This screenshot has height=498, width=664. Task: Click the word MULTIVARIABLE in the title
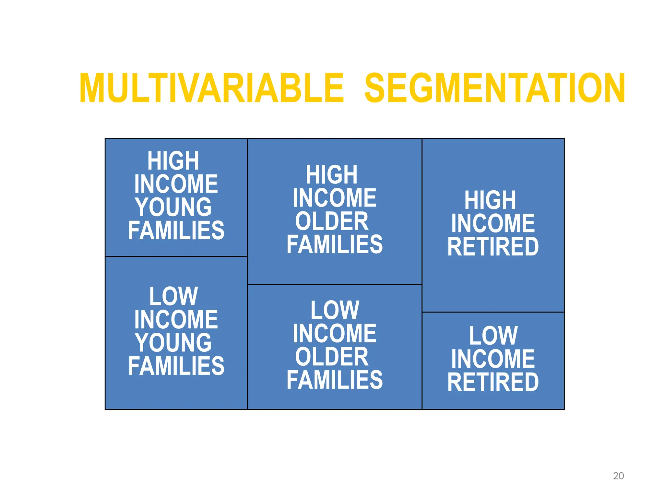click(x=211, y=88)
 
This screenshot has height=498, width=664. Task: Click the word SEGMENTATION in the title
click(x=495, y=88)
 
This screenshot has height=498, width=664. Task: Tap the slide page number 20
click(x=618, y=476)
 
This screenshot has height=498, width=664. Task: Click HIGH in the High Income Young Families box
click(x=173, y=161)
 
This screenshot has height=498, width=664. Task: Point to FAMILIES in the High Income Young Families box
click(x=176, y=230)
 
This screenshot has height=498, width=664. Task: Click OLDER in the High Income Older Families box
click(x=332, y=221)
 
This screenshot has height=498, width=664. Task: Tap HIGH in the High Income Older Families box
click(x=332, y=175)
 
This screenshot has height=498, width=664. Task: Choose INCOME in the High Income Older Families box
click(x=334, y=198)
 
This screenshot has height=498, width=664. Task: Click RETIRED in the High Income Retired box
click(x=493, y=247)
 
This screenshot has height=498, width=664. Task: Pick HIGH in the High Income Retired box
click(x=490, y=200)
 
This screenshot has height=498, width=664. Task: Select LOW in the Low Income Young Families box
click(x=173, y=296)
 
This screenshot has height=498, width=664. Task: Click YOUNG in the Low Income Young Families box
click(x=173, y=343)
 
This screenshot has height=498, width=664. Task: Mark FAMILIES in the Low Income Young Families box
click(x=176, y=366)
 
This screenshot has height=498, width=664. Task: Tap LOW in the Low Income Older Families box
click(x=335, y=310)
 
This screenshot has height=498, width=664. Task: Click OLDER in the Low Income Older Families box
click(x=332, y=357)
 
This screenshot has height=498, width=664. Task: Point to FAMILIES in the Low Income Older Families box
click(x=334, y=380)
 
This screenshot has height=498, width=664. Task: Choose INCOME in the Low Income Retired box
click(x=493, y=359)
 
